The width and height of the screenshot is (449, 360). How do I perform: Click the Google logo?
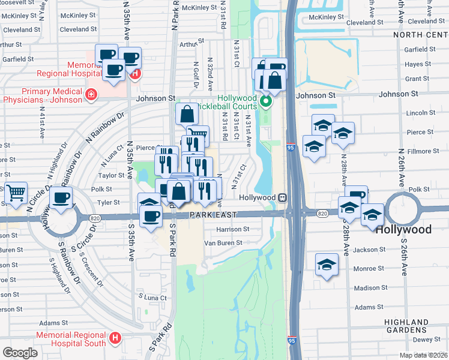tap(20, 352)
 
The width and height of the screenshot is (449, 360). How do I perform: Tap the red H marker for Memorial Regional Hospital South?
tap(115, 339)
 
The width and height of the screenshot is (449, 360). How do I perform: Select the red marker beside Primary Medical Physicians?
tap(91, 94)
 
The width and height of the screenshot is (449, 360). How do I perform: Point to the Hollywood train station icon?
tap(281, 197)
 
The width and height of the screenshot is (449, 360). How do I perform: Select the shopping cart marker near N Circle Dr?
tap(16, 193)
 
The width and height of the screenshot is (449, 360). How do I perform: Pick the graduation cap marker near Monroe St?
tap(326, 264)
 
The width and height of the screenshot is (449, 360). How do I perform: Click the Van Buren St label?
tap(223, 243)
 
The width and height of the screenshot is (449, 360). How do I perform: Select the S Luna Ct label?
tap(152, 297)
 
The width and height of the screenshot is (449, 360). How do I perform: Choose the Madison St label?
tap(370, 288)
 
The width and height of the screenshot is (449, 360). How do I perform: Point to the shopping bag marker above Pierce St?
tap(187, 113)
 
